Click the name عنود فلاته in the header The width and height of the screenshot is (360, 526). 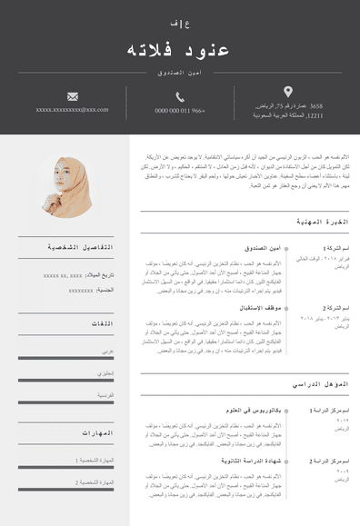pyautogui.click(x=179, y=48)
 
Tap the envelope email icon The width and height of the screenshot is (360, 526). pyautogui.click(x=73, y=95)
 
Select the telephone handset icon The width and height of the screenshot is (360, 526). pyautogui.click(x=180, y=95)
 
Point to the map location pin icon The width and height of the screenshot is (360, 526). pyautogui.click(x=288, y=91)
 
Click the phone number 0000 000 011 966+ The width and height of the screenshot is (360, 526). pyautogui.click(x=180, y=111)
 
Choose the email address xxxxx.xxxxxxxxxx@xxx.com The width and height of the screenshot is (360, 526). pyautogui.click(x=73, y=110)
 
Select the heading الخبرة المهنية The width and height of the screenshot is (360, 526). pyautogui.click(x=323, y=222)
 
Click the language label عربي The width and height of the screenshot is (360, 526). pyautogui.click(x=107, y=350)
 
